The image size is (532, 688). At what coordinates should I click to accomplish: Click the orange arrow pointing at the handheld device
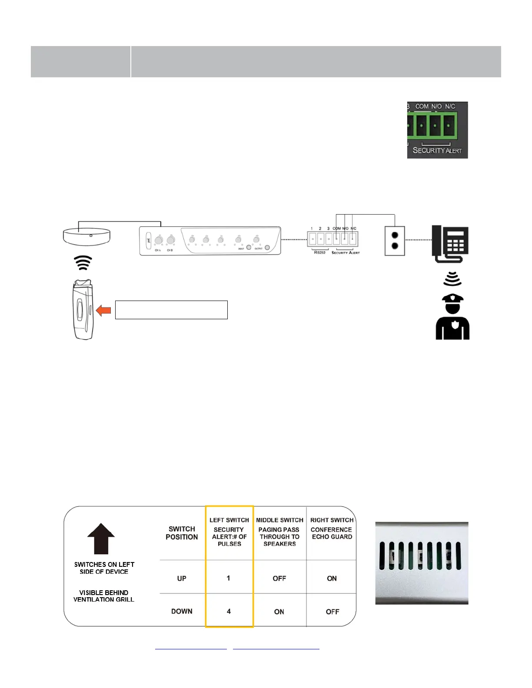coord(103,310)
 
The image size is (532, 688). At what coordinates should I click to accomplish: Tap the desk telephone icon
coord(450,244)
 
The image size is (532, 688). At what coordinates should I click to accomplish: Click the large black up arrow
coord(101,538)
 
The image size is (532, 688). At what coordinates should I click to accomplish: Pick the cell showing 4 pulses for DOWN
coord(229,611)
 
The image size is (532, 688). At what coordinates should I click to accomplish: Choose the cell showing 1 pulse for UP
coord(228,578)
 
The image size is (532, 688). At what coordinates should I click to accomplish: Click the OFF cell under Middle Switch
coord(279,578)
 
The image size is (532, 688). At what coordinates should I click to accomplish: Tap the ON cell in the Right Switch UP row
coord(332,578)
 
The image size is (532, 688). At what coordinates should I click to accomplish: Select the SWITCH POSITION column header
coord(182,533)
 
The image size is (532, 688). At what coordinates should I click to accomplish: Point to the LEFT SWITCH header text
coord(229,520)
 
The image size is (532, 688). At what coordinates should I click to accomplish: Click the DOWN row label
coord(182,611)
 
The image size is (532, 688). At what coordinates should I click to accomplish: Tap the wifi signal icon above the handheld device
coord(83,263)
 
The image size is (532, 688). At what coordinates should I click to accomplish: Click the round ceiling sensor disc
coord(86,237)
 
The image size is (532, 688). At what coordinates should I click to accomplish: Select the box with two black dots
coord(395,241)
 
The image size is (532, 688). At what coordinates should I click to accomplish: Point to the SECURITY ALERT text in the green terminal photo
coord(437,150)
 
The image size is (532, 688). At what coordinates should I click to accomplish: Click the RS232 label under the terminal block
coord(319,252)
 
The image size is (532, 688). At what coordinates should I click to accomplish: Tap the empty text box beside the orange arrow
coord(171,310)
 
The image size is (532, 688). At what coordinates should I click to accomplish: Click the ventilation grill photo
coord(422,563)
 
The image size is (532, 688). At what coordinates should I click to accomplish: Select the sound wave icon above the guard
coord(452,279)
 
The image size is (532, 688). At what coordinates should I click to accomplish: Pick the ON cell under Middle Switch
coord(279,612)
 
